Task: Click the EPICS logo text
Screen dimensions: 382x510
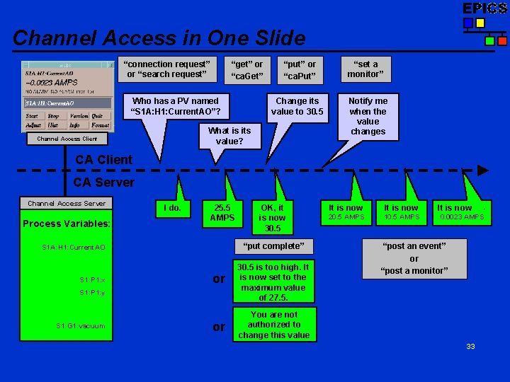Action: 484,8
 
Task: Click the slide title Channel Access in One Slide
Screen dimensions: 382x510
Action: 159,37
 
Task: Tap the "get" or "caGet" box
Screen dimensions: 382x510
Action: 246,69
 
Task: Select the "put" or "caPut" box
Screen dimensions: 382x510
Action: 299,69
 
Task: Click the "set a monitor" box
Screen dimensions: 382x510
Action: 365,69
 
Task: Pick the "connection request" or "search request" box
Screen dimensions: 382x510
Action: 167,69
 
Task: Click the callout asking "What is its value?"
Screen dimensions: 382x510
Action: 229,136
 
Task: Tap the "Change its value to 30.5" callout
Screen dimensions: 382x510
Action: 297,106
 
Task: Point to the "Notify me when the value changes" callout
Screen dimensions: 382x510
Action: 368,115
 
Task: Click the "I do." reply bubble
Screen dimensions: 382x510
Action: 172,208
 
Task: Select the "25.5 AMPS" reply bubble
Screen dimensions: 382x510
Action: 222,212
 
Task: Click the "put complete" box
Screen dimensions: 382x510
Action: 273,245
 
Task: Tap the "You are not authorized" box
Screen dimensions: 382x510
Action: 274,325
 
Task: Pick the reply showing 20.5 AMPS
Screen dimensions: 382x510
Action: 345,212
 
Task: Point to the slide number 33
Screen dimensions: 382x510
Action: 470,346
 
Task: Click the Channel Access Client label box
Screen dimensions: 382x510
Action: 67,139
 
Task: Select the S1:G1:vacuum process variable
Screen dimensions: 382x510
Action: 81,326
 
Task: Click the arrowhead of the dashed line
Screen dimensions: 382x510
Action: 483,170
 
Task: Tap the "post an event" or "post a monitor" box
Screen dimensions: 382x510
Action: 414,258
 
